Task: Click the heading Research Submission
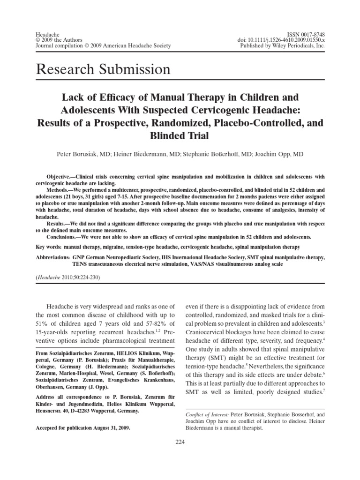[103, 70]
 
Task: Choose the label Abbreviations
[52, 258]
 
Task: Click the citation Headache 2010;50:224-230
[67, 277]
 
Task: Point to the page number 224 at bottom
[180, 441]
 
